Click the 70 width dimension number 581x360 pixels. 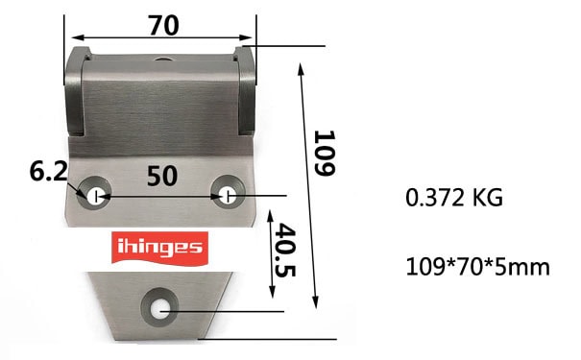click(x=164, y=25)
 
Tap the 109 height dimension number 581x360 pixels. click(x=325, y=153)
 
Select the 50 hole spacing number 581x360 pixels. click(x=162, y=176)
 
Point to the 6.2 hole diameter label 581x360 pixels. click(x=49, y=172)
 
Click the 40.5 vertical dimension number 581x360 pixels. click(x=285, y=250)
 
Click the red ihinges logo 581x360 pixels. click(x=159, y=249)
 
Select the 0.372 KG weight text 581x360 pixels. click(x=454, y=198)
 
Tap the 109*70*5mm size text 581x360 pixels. click(x=478, y=267)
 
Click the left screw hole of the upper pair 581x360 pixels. click(x=94, y=193)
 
